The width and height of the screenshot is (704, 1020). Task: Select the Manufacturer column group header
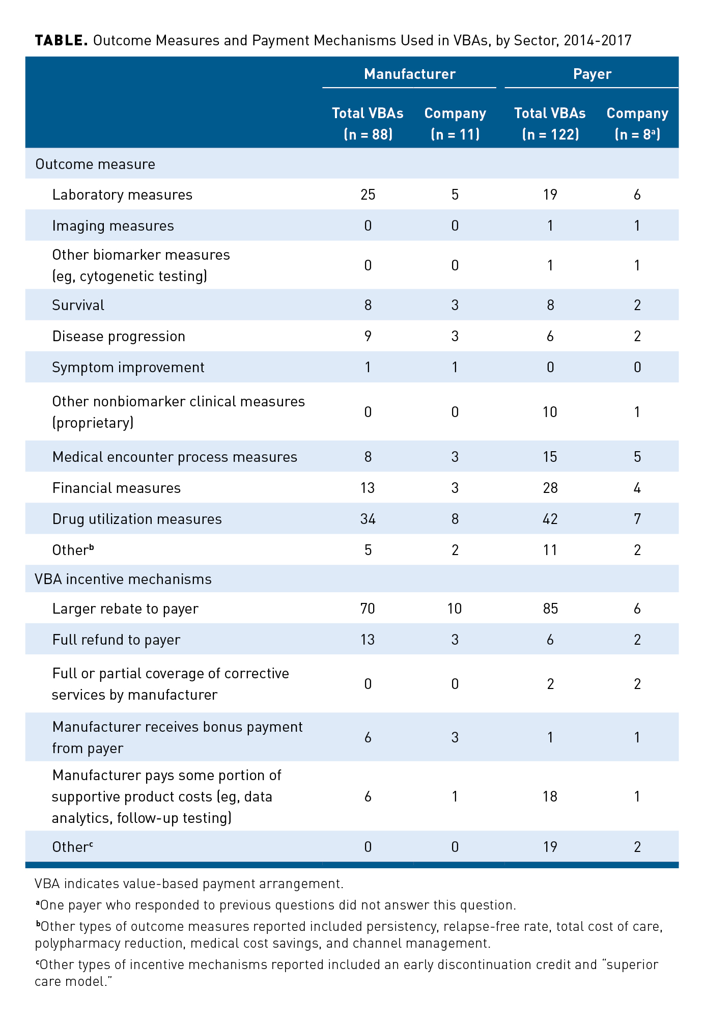(x=409, y=74)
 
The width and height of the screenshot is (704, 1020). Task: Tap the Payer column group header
(x=592, y=74)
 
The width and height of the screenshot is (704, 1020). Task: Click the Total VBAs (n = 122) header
(x=550, y=123)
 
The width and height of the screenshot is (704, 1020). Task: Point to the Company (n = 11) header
(x=455, y=123)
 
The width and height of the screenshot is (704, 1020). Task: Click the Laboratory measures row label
(x=122, y=195)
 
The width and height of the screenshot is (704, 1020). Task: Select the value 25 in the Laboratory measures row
(x=368, y=195)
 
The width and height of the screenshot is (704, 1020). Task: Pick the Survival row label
(x=78, y=305)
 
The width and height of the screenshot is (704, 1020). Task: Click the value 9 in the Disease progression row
(x=368, y=336)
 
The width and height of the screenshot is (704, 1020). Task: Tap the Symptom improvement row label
(x=128, y=367)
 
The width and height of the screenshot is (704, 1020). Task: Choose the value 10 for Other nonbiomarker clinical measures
(x=550, y=411)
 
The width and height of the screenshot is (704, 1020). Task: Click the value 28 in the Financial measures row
(x=550, y=488)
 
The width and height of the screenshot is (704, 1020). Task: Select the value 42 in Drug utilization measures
(x=550, y=519)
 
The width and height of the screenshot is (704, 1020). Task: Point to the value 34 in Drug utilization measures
(x=368, y=519)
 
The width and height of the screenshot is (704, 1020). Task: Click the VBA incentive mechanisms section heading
(x=123, y=579)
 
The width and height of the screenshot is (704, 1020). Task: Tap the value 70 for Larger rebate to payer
(x=368, y=609)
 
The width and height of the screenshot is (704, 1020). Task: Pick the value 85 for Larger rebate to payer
(x=550, y=609)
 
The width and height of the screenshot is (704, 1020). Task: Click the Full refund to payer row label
(x=116, y=640)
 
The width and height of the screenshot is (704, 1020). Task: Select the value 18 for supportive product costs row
(x=550, y=796)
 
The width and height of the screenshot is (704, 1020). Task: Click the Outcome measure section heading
(x=95, y=164)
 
